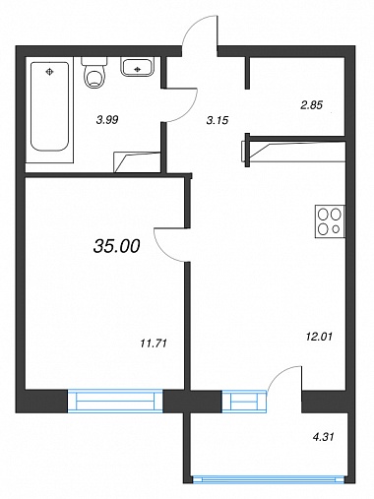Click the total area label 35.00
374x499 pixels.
(117, 246)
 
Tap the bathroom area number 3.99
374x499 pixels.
(107, 120)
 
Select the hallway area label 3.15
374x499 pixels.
(218, 121)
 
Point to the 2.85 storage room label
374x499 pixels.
(312, 105)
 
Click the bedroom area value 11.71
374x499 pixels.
(154, 343)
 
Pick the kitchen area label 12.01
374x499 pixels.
(319, 337)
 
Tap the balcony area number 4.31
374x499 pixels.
(323, 437)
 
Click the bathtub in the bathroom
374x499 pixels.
(49, 106)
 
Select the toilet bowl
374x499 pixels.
(94, 73)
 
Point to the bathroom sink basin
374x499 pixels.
(138, 67)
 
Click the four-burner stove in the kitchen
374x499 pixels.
(330, 221)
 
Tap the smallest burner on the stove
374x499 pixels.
(336, 229)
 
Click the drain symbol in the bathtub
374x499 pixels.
(49, 71)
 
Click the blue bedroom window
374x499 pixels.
(115, 401)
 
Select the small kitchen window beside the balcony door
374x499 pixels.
(244, 401)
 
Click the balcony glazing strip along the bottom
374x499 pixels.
(269, 480)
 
